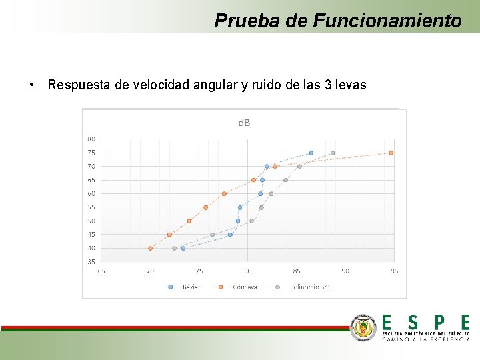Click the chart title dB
tap(245, 123)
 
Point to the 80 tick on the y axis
tap(91, 139)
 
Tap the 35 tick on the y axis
tap(91, 261)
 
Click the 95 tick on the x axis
tap(394, 271)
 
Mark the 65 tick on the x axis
tap(101, 271)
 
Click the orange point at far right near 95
tap(391, 153)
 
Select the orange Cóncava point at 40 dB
tap(150, 248)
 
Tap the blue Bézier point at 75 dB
tap(311, 153)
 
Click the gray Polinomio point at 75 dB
tap(333, 153)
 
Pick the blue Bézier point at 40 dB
tap(183, 248)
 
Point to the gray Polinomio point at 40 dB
tap(174, 248)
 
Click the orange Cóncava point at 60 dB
tap(224, 193)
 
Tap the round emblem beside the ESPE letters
tap(363, 327)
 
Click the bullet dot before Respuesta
tap(32, 85)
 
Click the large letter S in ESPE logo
tap(413, 322)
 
